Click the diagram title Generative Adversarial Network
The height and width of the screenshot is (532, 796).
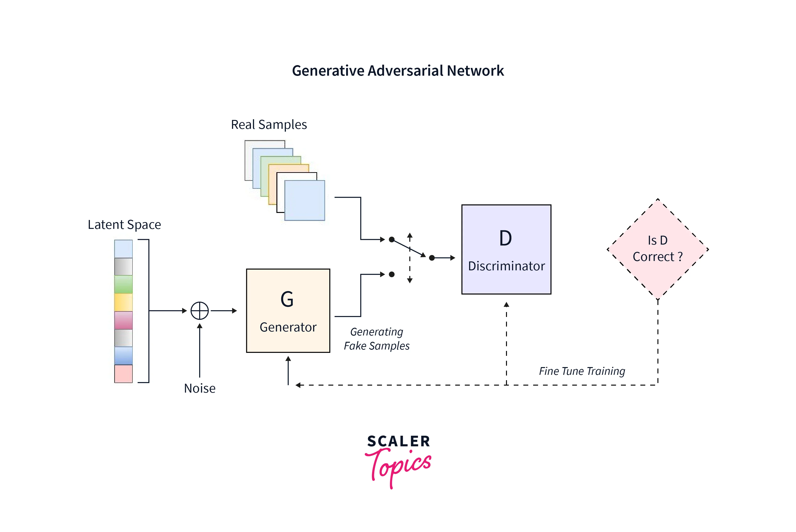[398, 71]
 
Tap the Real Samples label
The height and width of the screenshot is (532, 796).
[269, 125]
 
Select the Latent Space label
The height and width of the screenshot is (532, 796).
[124, 225]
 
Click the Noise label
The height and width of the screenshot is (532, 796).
[200, 388]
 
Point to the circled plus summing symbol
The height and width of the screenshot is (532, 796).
[200, 310]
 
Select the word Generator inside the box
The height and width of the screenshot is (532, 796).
[288, 327]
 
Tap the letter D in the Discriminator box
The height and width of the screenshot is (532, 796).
[506, 238]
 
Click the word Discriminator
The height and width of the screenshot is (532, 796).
[506, 266]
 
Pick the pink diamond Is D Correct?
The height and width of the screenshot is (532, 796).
[658, 249]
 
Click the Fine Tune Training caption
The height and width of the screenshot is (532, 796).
[582, 371]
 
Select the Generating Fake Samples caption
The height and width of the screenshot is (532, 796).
[377, 339]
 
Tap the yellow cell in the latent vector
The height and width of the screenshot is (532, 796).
[123, 302]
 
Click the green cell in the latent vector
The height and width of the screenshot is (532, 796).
[123, 284]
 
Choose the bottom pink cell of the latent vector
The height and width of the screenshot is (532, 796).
[123, 374]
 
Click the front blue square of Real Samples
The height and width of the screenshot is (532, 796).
[305, 201]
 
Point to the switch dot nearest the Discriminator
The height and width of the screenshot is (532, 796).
[432, 258]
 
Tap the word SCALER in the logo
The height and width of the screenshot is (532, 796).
[399, 441]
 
